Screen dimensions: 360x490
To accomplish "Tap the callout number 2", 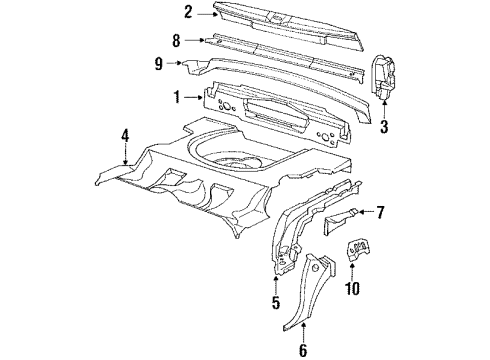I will click(187, 13).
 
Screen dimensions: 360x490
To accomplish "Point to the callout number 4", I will click(125, 134).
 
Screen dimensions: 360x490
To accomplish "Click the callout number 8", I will click(177, 42).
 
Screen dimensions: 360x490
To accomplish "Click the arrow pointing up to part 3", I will click(385, 104).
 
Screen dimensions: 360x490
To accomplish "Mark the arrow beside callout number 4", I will click(124, 152).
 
